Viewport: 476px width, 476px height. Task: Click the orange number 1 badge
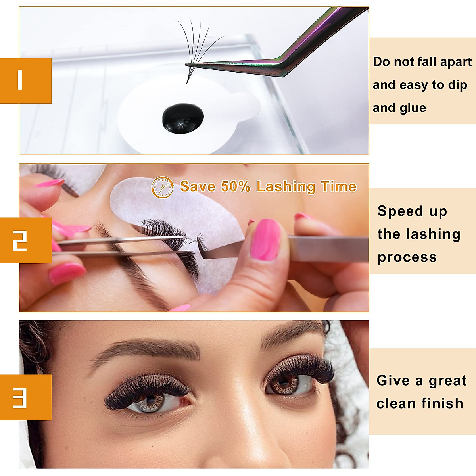(25, 81)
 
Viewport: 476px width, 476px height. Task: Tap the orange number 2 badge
(25, 240)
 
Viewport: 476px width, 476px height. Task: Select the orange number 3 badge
(25, 397)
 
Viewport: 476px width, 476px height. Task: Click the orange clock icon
(162, 187)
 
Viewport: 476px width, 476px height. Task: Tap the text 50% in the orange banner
(236, 186)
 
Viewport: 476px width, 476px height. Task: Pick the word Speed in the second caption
(394, 211)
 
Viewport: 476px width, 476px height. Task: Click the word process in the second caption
(407, 258)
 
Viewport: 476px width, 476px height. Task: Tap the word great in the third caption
(447, 381)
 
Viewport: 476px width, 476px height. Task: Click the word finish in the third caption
(442, 403)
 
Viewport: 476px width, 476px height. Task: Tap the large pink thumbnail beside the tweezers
(266, 240)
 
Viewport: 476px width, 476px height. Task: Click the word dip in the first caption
(457, 85)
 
